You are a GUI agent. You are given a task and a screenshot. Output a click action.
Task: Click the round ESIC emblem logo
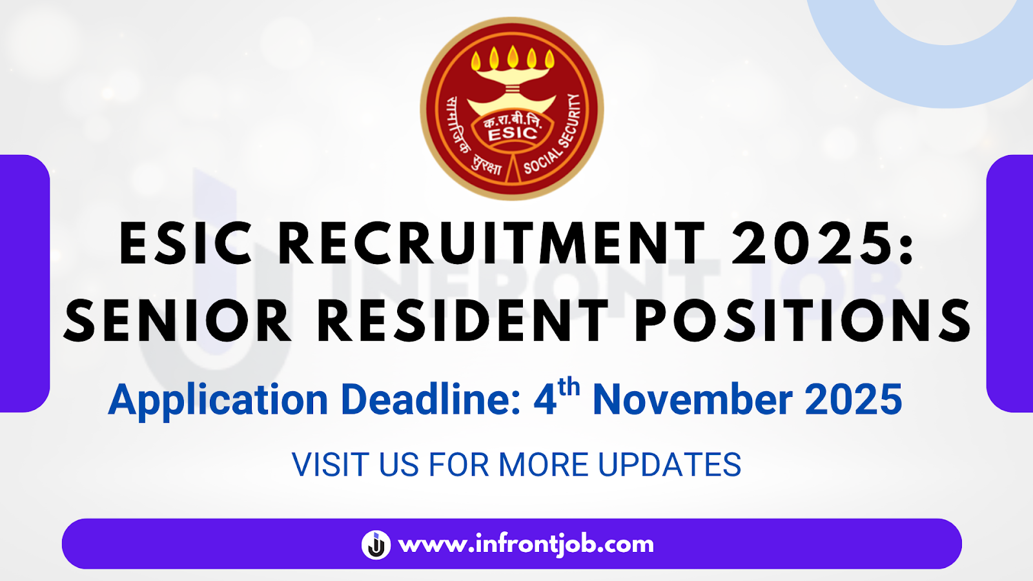point(512,108)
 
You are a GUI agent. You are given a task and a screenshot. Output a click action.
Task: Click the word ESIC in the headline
point(186,244)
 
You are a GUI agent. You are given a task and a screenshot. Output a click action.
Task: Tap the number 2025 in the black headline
point(813,244)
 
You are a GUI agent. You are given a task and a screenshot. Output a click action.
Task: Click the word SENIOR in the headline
point(178,321)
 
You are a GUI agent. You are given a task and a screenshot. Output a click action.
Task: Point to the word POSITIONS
point(803,321)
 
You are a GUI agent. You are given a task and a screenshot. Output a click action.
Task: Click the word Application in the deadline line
point(218,400)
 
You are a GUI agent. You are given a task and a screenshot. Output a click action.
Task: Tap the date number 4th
point(556,397)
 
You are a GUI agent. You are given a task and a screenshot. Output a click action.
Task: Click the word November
point(692,400)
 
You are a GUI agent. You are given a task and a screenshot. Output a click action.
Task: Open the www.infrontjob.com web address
point(526,544)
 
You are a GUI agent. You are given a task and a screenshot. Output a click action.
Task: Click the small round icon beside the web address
point(376,544)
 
